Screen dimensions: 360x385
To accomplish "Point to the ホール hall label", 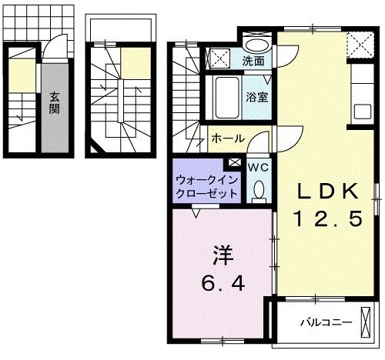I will [x=229, y=138].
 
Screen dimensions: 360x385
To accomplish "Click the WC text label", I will [x=257, y=165].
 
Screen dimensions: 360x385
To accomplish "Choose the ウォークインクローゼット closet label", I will [x=206, y=186].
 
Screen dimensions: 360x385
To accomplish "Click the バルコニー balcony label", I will [x=326, y=322].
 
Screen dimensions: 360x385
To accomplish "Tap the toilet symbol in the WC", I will [x=258, y=188].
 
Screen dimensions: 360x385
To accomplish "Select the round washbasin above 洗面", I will [x=255, y=42].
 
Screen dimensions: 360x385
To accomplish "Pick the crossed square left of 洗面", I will [x=220, y=56].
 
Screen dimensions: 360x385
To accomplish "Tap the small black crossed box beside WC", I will [x=235, y=163].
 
